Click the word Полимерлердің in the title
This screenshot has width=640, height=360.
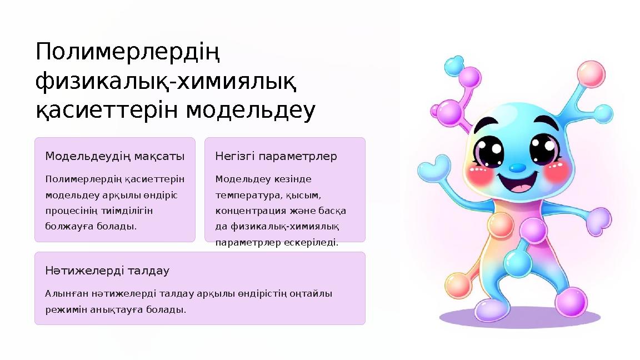pyautogui.click(x=128, y=54)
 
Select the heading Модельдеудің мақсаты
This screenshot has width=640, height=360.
pyautogui.click(x=115, y=156)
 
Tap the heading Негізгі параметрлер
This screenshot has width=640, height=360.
pyautogui.click(x=276, y=156)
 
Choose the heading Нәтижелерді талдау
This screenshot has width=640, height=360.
pyautogui.click(x=107, y=271)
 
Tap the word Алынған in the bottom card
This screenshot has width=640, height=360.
pyautogui.click(x=64, y=293)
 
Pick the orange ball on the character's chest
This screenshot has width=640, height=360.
pyautogui.click(x=499, y=224)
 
